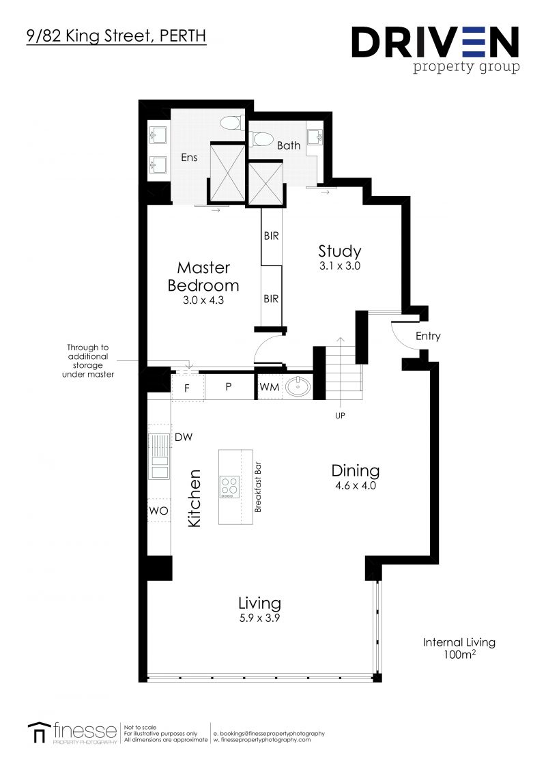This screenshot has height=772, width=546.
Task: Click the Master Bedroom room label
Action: (203, 276)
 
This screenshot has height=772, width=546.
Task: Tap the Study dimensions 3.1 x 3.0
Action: (339, 266)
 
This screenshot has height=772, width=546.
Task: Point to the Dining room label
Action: (355, 470)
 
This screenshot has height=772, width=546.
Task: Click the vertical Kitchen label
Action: (195, 497)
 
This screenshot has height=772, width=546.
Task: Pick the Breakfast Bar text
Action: (258, 486)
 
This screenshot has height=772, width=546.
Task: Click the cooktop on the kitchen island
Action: (229, 487)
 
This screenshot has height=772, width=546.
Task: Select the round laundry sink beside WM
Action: (297, 387)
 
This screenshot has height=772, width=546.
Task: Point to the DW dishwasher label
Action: (183, 437)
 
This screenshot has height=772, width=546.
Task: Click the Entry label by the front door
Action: (428, 336)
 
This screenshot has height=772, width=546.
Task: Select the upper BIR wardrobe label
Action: (271, 236)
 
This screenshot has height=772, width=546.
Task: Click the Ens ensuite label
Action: (189, 158)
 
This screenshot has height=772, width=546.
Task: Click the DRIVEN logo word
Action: (435, 42)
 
